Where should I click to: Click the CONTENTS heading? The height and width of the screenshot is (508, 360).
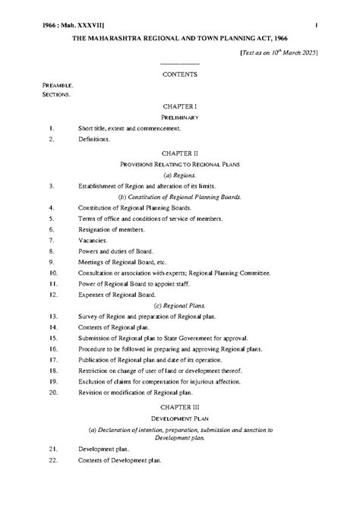[x=180, y=74]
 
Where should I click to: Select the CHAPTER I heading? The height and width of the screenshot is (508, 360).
[x=180, y=107]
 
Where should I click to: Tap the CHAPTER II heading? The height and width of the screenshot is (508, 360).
[x=180, y=153]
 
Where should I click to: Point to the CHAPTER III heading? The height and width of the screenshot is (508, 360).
[x=180, y=407]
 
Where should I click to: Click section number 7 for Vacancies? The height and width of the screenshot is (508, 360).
[x=51, y=239]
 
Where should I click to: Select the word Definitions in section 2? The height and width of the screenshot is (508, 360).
[x=94, y=139]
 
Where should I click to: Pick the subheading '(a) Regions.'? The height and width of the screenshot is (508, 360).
[x=180, y=174]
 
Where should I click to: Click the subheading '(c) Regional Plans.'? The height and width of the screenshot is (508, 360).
[x=180, y=304]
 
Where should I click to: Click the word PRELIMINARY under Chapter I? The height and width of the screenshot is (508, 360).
[x=180, y=118]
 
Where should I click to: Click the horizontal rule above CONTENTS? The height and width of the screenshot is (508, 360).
[x=180, y=64]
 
